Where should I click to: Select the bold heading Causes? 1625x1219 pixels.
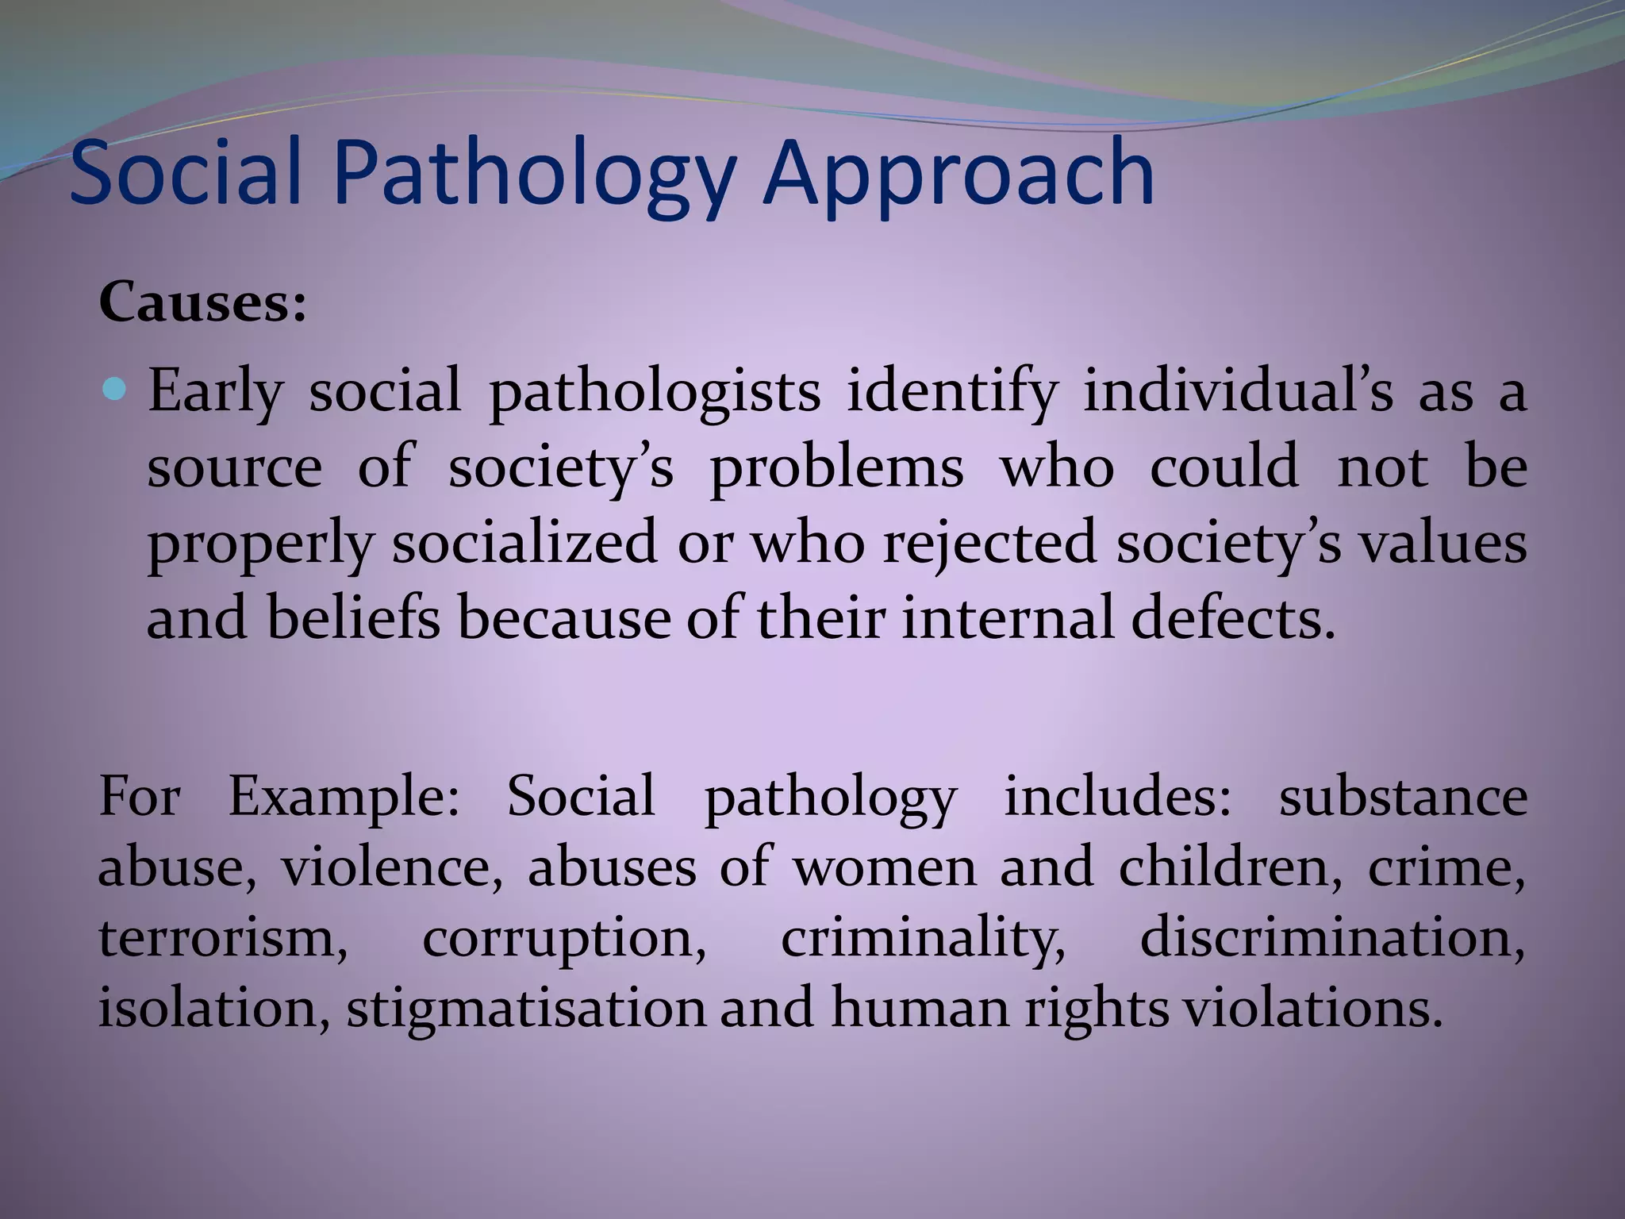pyautogui.click(x=202, y=303)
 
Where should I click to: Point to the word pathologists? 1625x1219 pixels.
pyautogui.click(x=655, y=392)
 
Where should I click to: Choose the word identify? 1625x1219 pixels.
pyautogui.click(x=951, y=392)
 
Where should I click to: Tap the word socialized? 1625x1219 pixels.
pyautogui.click(x=524, y=544)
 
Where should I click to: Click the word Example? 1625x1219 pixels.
pyautogui.click(x=344, y=796)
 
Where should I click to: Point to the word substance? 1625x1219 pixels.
pyautogui.click(x=1403, y=796)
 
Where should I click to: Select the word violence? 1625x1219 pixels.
pyautogui.click(x=393, y=867)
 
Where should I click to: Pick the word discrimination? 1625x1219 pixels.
pyautogui.click(x=1332, y=937)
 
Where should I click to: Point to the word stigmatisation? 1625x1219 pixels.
pyautogui.click(x=525, y=1009)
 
